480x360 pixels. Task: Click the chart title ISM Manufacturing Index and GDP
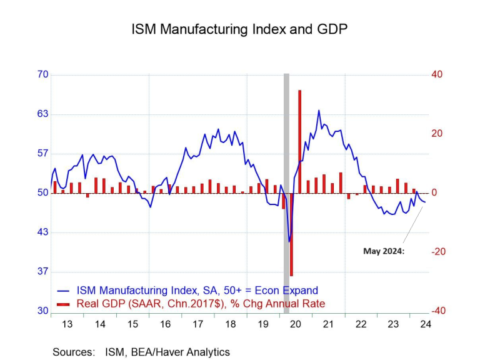(x=239, y=29)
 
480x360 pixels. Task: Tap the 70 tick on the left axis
(x=42, y=74)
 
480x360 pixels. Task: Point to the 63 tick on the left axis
(x=42, y=114)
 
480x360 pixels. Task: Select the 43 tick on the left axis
(x=42, y=232)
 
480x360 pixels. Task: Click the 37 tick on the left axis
(x=42, y=272)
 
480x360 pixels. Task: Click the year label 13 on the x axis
(x=67, y=324)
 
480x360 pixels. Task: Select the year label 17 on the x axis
(x=198, y=324)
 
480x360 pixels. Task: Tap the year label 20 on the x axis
(x=296, y=324)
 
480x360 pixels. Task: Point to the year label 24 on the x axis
(x=426, y=324)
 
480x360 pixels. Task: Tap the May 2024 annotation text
(x=384, y=251)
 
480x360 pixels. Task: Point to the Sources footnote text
(x=141, y=352)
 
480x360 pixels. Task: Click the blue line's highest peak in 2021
(x=319, y=111)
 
